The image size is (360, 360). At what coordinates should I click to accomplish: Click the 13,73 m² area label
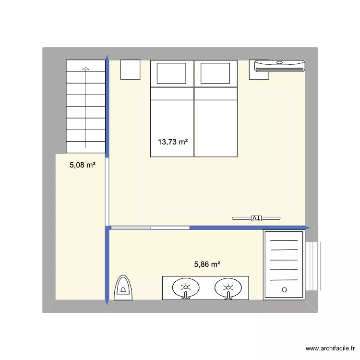coord(172,142)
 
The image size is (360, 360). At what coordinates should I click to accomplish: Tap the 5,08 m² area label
coord(83,165)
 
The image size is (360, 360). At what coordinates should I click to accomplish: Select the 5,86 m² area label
coord(207,264)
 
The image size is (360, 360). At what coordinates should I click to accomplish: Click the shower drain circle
coord(284,290)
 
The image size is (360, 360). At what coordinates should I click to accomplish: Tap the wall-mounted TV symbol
coord(256,218)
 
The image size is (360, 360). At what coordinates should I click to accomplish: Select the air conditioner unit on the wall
coord(279,66)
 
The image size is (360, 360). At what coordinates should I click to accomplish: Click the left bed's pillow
coord(172,73)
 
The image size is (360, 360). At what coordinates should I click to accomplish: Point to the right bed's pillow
coord(215,73)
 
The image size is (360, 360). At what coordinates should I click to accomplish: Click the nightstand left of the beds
coord(130,70)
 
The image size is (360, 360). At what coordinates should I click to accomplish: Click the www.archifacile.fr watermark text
coord(331,349)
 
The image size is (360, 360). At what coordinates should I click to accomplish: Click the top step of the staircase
coord(85,66)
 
